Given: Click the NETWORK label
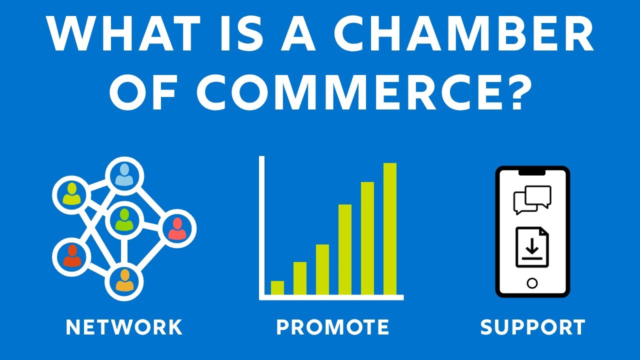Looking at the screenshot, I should point(124,327).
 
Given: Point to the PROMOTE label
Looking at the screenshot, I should point(332,327).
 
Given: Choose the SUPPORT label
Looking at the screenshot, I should point(532,327).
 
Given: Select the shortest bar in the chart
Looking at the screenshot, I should point(277,288).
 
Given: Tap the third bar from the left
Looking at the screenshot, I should point(322,269).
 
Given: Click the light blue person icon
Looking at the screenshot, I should point(124,175).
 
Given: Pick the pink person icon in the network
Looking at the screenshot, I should point(177,229).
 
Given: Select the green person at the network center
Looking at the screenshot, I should point(123,220).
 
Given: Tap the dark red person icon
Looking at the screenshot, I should point(72,256).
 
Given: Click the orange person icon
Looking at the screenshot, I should point(124,280).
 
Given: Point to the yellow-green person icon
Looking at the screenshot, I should point(72,194).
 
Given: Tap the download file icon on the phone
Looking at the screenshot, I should point(532,247).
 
